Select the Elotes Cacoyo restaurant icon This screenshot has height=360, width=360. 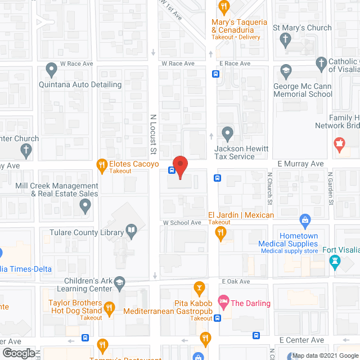pyautogui.click(x=102, y=164)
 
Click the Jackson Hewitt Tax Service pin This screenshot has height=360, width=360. pyautogui.click(x=227, y=134)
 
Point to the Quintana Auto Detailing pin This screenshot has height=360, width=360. pyautogui.click(x=52, y=71)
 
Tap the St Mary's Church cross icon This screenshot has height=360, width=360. pyautogui.click(x=285, y=39)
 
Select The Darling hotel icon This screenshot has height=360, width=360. pyautogui.click(x=223, y=303)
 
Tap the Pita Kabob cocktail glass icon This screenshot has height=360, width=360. pyautogui.click(x=199, y=289)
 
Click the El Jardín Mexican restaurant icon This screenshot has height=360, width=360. pyautogui.click(x=221, y=232)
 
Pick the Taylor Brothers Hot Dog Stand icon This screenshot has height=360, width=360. pyautogui.click(x=110, y=307)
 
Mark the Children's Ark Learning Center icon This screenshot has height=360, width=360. pyautogui.click(x=120, y=283)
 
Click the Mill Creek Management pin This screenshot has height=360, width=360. pyautogui.click(x=85, y=206)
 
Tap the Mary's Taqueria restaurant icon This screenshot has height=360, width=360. pyautogui.click(x=224, y=8)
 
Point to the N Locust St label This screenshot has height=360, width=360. pyautogui.click(x=153, y=134)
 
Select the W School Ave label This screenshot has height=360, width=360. pyautogui.click(x=182, y=223)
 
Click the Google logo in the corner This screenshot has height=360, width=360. pyautogui.click(x=18, y=353)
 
